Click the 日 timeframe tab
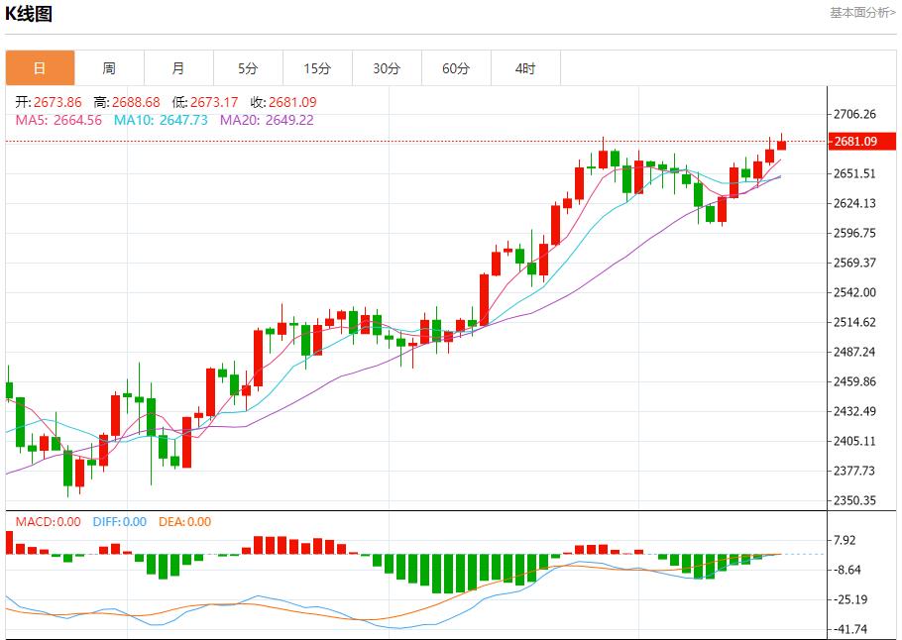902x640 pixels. [40, 68]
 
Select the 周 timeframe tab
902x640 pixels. [109, 68]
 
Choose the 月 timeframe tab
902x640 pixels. [178, 68]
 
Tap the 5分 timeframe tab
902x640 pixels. [248, 68]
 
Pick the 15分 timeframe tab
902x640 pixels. [317, 68]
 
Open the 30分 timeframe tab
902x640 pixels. [387, 68]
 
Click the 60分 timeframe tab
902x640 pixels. [456, 68]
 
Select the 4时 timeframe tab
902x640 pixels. [525, 68]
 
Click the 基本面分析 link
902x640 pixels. [862, 12]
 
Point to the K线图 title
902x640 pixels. [29, 14]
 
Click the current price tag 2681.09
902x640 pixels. [855, 142]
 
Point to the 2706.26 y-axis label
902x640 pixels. [855, 114]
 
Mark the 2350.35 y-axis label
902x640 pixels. [855, 500]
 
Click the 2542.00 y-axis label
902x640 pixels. [855, 292]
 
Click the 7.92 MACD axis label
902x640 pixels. [846, 540]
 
